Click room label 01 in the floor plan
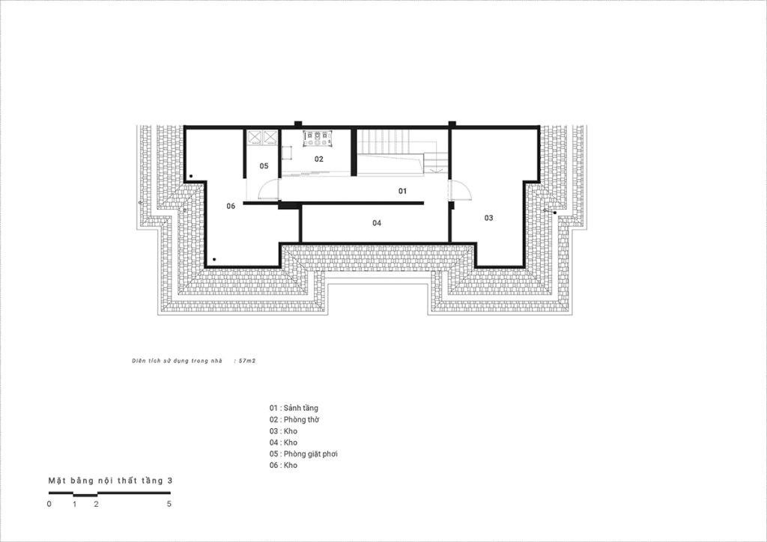(402, 191)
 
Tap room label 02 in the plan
(319, 159)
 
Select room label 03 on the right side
(488, 218)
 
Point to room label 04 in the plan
(377, 223)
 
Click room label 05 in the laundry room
(264, 166)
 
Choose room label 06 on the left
(231, 206)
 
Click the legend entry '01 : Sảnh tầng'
(294, 408)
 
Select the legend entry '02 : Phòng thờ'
(294, 419)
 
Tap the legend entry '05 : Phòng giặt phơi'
(303, 454)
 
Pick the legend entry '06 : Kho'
(283, 466)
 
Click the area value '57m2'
(247, 361)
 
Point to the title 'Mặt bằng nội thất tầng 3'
(110, 481)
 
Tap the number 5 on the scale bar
(169, 504)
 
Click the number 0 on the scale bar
(49, 504)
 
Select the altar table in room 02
(318, 138)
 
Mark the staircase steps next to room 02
(389, 141)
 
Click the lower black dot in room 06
(213, 260)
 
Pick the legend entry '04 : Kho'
(283, 442)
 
